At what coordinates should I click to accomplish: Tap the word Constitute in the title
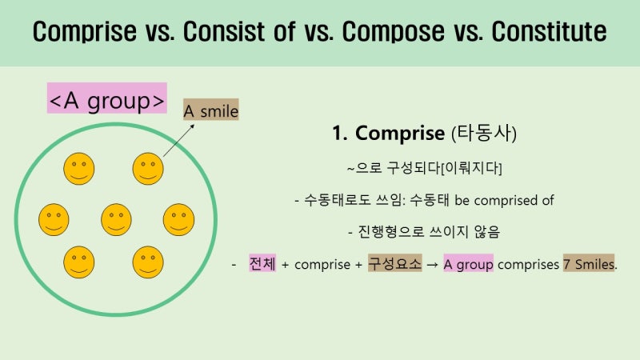(548, 32)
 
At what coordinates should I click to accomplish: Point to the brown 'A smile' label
(210, 110)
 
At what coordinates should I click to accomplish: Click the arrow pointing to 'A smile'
(181, 138)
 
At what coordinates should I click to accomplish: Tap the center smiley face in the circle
(116, 219)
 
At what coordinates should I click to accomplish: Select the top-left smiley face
(78, 168)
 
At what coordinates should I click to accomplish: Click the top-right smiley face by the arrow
(148, 168)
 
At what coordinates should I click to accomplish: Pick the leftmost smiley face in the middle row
(54, 219)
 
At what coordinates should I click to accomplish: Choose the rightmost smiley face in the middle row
(178, 219)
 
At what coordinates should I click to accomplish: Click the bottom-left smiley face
(78, 262)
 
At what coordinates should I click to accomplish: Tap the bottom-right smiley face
(148, 262)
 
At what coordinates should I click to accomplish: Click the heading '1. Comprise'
(390, 133)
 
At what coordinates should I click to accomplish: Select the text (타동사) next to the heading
(485, 133)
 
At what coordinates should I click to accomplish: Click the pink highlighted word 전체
(262, 263)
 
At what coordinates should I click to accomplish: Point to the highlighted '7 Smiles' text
(589, 263)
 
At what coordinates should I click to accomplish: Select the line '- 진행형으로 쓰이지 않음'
(424, 232)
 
